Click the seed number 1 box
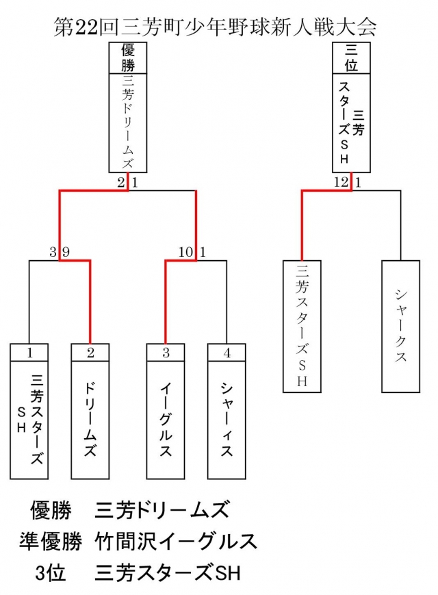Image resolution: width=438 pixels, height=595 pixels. click(x=29, y=353)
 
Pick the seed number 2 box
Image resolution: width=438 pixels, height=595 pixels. click(x=90, y=353)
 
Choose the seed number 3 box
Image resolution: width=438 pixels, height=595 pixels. click(x=165, y=353)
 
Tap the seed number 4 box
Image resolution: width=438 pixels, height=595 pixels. click(x=227, y=353)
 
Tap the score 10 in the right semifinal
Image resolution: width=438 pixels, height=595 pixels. click(x=186, y=252)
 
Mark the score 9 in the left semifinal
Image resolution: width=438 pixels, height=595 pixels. click(x=66, y=252)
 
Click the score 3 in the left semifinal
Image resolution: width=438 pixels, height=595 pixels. click(x=53, y=252)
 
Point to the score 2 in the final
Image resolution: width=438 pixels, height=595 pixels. click(x=121, y=182)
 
